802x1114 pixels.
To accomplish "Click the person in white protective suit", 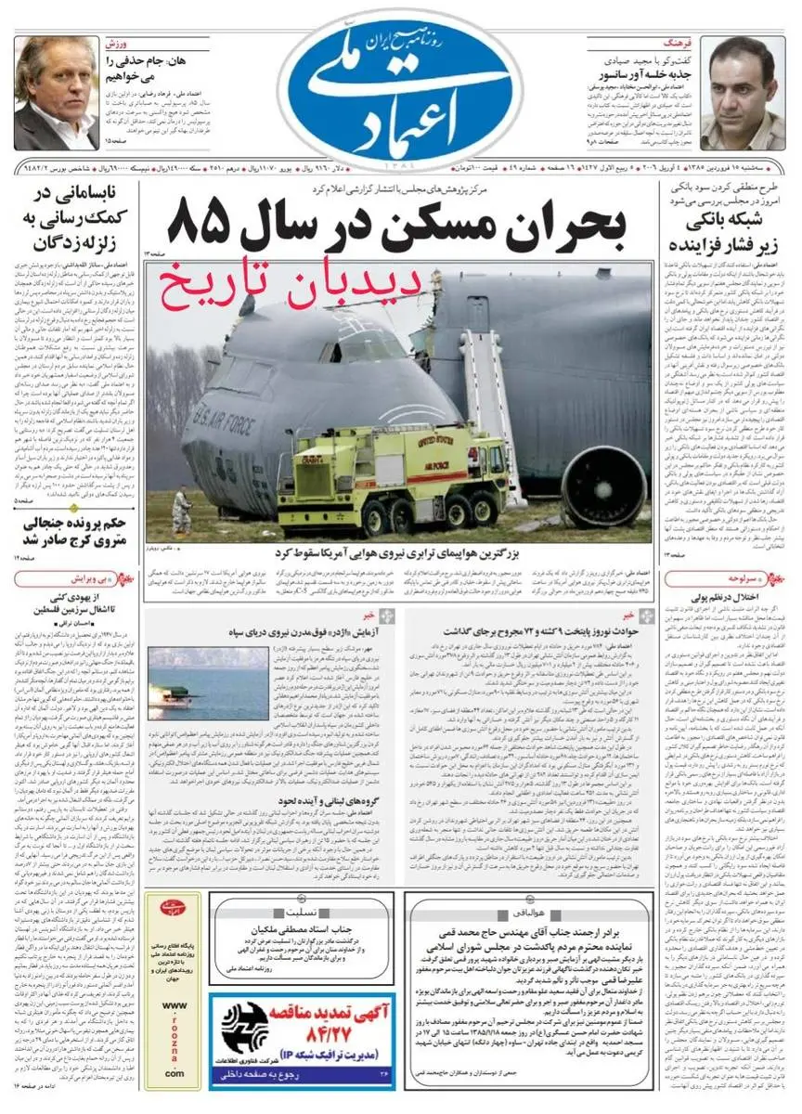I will point(182,512).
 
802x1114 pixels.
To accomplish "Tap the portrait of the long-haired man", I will point(56,94).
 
